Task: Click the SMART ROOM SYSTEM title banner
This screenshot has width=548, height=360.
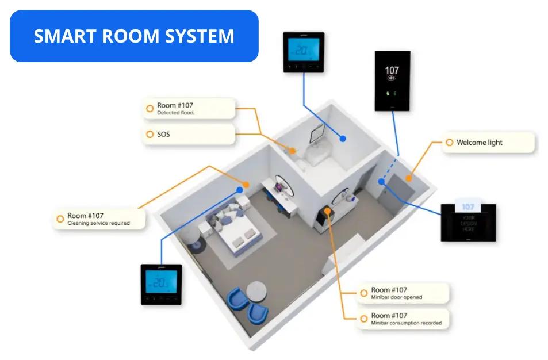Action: (134, 36)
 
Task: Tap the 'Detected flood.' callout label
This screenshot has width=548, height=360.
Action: (189, 109)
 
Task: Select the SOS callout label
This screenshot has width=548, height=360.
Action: (189, 135)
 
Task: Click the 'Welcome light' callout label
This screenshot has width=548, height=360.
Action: (488, 143)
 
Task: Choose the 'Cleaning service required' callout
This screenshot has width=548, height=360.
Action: (99, 219)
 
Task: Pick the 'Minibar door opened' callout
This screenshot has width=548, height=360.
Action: (403, 293)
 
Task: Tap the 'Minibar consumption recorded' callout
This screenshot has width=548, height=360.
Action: (403, 319)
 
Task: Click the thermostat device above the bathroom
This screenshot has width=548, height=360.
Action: (303, 52)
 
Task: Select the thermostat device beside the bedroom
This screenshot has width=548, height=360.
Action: (162, 284)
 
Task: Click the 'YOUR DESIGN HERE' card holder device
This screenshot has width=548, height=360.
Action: (468, 222)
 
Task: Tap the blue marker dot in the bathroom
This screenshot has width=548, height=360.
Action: (343, 139)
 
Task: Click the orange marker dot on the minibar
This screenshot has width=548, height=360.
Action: (327, 211)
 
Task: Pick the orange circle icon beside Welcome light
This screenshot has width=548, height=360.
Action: (449, 143)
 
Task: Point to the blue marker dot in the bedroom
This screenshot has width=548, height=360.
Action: (240, 190)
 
